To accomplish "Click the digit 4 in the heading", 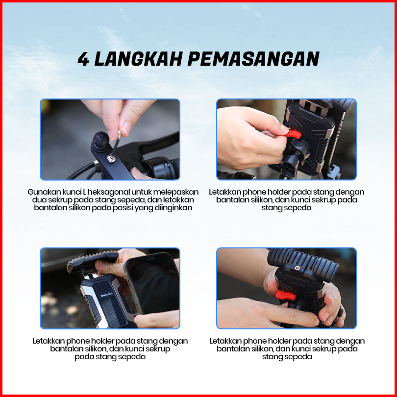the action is point(83,59).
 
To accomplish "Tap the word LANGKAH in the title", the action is point(138,59).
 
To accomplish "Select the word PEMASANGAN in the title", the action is point(253,59).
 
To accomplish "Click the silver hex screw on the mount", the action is point(111,159).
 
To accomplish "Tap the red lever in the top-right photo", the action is point(294,134).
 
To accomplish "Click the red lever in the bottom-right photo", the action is point(285,295).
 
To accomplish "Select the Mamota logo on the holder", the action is point(106,295).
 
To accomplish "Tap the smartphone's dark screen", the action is point(154,281).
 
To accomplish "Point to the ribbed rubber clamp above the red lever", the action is point(303,264).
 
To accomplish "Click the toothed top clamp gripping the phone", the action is point(93,261).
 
